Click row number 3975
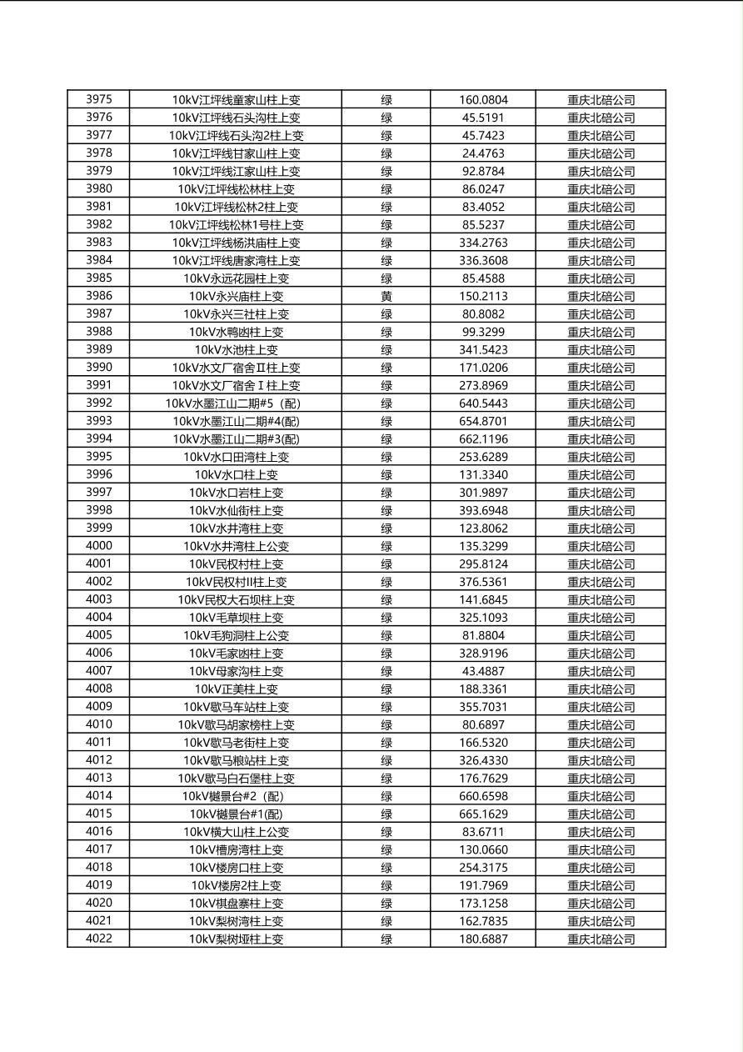[x=98, y=100]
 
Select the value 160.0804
[x=483, y=100]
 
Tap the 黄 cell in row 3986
[x=386, y=297]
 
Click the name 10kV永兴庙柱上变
[x=236, y=297]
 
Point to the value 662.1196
[x=483, y=439]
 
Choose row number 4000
[x=98, y=547]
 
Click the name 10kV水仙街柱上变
[x=236, y=511]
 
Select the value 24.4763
[x=483, y=153]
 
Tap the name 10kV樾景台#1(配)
[x=236, y=814]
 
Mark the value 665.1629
[x=483, y=814]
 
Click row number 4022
[x=98, y=939]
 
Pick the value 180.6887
[x=483, y=939]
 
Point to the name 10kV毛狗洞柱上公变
[x=236, y=636]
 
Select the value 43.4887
[x=483, y=672]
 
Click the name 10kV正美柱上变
[x=236, y=689]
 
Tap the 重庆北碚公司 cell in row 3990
[x=601, y=368]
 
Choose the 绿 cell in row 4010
[x=386, y=725]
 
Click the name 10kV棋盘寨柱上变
[x=236, y=904]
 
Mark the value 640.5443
[x=483, y=403]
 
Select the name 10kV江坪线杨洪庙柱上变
[x=236, y=243]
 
